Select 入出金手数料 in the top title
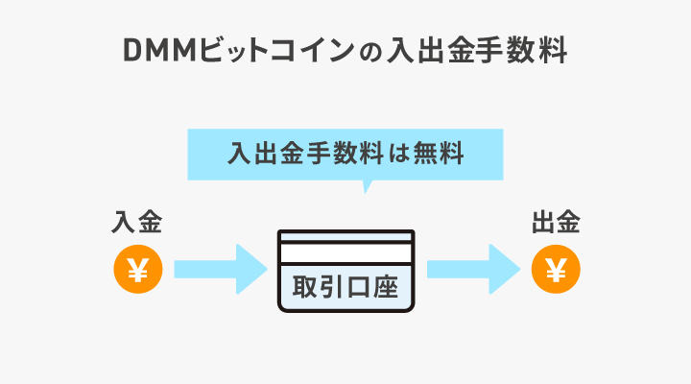tap(478, 51)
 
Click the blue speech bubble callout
tap(345, 154)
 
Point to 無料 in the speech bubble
tap(436, 154)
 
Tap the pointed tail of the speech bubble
tap(365, 186)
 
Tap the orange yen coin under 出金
tap(555, 271)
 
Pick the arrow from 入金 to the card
tap(219, 271)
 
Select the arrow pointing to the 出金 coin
tap(473, 271)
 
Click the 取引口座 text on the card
tap(345, 287)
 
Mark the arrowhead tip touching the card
tap(265, 271)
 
